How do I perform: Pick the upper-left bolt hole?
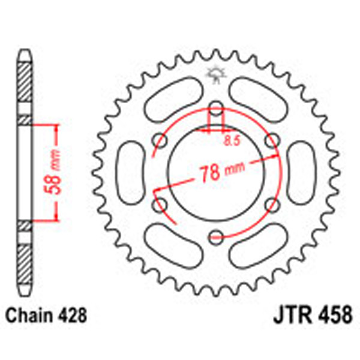click(160, 141)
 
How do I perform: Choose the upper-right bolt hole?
click(272, 141)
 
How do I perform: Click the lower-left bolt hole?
click(160, 206)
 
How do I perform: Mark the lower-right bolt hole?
click(271, 206)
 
